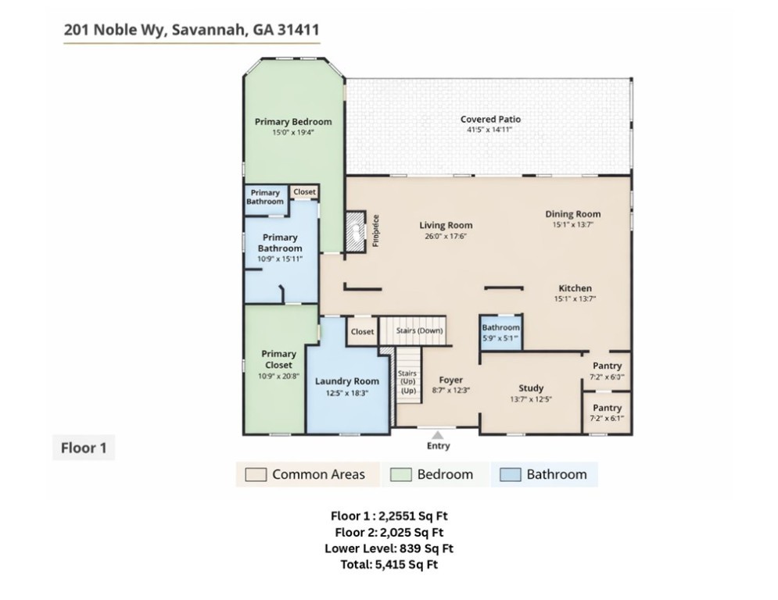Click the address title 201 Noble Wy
point(191,30)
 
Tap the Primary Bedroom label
point(293,122)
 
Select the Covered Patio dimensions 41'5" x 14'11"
point(490,130)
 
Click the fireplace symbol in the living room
point(356,231)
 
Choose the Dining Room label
point(572,214)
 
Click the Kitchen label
point(575,288)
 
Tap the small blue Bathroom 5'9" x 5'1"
point(500,332)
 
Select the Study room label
point(531,388)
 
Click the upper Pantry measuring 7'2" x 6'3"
point(607,370)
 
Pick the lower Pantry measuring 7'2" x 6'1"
point(607,412)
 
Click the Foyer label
point(450,380)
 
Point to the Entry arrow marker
point(438,435)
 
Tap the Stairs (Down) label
point(419,330)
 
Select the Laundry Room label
point(346,381)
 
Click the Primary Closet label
point(279,359)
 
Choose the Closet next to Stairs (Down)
point(362,332)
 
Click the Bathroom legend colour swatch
point(510,474)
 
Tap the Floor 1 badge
point(83,448)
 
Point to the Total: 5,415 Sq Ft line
point(389,564)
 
